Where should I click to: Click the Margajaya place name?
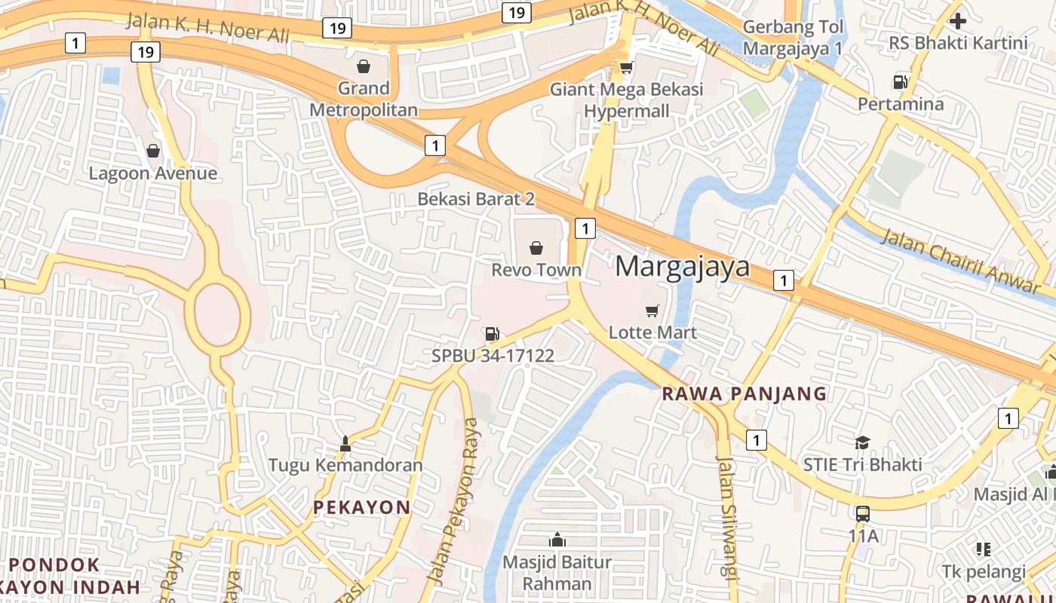click(683, 266)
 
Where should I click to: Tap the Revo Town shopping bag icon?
click(536, 247)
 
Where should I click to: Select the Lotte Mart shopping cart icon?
click(652, 311)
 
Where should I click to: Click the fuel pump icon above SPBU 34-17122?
click(492, 333)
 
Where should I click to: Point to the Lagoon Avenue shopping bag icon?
click(153, 151)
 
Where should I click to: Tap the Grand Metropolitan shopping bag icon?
click(364, 66)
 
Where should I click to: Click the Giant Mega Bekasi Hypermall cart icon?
click(625, 68)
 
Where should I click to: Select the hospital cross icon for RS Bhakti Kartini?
click(958, 21)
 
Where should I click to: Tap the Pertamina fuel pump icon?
click(900, 81)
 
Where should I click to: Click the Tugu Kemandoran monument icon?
click(345, 443)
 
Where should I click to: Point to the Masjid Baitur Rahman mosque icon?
click(557, 540)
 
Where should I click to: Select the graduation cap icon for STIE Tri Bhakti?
click(862, 442)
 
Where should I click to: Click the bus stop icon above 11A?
click(863, 514)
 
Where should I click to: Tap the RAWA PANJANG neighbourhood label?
click(744, 393)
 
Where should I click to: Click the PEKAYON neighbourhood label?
click(361, 507)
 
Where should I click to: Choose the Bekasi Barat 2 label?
click(476, 199)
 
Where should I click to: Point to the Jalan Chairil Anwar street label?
click(960, 260)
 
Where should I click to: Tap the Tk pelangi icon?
click(983, 549)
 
